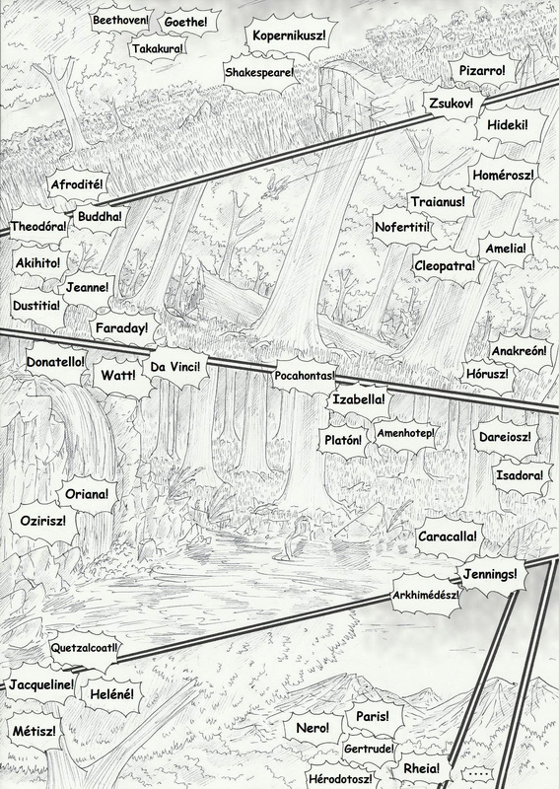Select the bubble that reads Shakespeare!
[x=258, y=72]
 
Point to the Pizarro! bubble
[x=481, y=71]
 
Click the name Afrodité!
[x=77, y=184]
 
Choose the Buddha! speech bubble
[x=100, y=217]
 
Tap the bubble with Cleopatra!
[x=445, y=266]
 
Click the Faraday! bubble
[x=122, y=328]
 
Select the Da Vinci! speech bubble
[x=175, y=367]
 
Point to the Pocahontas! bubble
[x=304, y=376]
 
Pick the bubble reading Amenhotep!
[x=405, y=433]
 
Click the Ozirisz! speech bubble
[x=42, y=521]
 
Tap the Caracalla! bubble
[x=447, y=537]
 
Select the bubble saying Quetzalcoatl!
[x=84, y=648]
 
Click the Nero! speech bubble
[x=313, y=728]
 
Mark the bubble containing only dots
[x=476, y=773]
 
